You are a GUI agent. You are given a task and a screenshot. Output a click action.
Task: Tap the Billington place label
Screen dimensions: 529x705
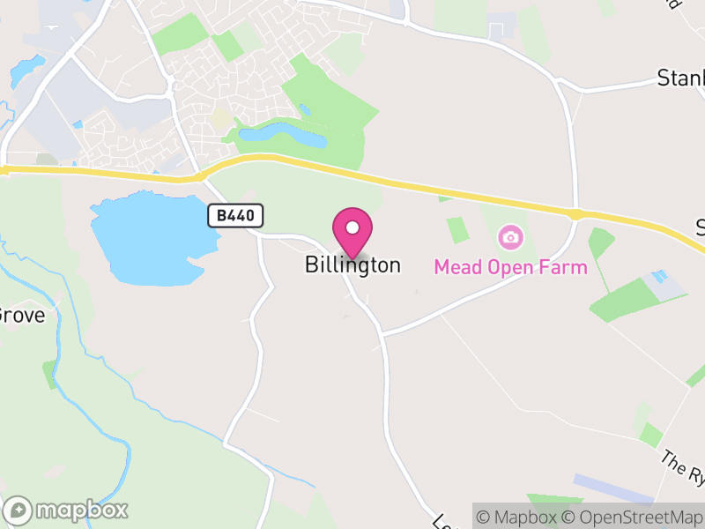[x=352, y=264]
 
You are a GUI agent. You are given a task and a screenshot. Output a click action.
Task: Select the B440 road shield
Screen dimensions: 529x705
[x=236, y=216]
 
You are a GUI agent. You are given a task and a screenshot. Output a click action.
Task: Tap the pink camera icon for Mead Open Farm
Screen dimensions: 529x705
[x=510, y=237]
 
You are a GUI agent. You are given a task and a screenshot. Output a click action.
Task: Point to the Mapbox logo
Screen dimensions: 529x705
[x=66, y=510]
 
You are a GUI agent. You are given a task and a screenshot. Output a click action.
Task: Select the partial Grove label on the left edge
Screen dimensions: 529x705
[x=19, y=314]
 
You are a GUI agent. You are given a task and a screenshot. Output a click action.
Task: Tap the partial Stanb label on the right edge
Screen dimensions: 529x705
[x=681, y=79]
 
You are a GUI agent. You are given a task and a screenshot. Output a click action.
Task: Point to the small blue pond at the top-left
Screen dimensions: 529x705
[x=26, y=67]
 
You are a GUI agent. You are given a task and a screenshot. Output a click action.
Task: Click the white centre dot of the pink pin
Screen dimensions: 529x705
[x=352, y=227]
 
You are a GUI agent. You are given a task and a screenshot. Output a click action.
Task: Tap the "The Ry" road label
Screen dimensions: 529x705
[x=684, y=468]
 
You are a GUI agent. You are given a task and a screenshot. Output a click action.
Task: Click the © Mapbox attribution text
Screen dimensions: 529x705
[x=520, y=517]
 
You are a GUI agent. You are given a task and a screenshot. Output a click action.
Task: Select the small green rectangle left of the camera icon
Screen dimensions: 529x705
[x=457, y=230]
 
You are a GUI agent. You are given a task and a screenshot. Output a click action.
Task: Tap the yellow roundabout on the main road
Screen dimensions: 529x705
[x=575, y=214]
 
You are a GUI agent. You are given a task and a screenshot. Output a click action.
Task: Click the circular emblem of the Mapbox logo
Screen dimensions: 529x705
[x=19, y=510]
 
